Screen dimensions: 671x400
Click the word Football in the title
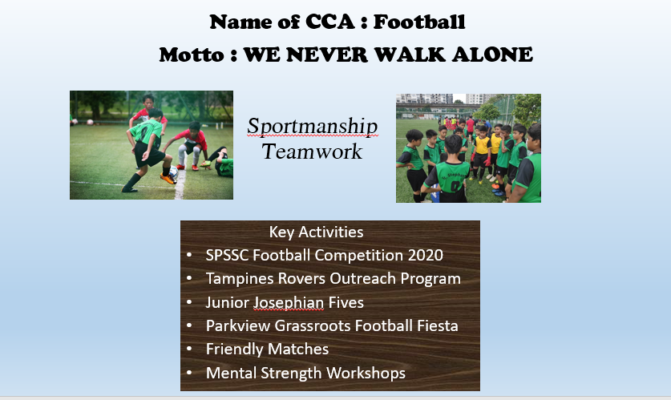tap(419, 22)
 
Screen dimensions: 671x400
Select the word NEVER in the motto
tap(327, 55)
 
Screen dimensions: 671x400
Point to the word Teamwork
tap(312, 152)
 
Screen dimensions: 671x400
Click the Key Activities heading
tap(316, 232)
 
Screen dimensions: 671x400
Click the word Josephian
tap(289, 303)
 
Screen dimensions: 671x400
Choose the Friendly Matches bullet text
tap(267, 349)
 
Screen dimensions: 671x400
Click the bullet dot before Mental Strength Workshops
tap(189, 373)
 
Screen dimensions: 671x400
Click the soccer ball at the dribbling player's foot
tap(173, 172)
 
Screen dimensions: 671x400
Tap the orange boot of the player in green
tap(168, 178)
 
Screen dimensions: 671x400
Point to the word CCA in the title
tap(330, 22)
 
